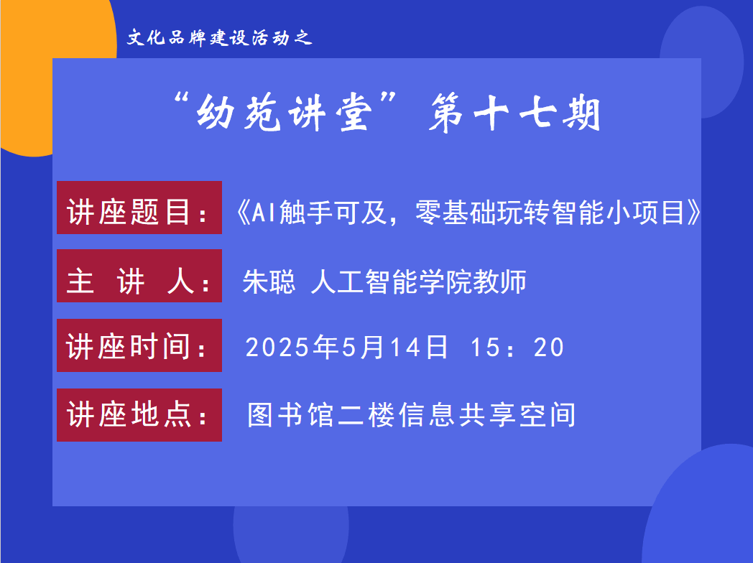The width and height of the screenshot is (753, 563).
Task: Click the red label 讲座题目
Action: (139, 208)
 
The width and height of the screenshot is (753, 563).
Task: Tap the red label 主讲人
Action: (139, 276)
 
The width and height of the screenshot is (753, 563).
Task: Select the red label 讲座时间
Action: (139, 345)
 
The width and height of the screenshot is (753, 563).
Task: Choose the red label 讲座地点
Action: (139, 414)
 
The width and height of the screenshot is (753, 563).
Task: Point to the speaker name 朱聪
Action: (269, 281)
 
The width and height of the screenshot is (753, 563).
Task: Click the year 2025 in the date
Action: (277, 347)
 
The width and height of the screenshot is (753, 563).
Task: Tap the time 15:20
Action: (517, 347)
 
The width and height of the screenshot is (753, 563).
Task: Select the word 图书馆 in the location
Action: (290, 414)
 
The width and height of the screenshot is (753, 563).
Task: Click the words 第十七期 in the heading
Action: (514, 113)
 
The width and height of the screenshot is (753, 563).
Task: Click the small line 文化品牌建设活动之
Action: (220, 37)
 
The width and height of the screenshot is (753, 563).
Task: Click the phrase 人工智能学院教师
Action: (418, 281)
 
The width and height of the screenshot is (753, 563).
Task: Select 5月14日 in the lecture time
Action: (394, 347)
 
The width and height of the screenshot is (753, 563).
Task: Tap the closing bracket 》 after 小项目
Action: (694, 213)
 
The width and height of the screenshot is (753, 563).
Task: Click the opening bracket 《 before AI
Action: (244, 213)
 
